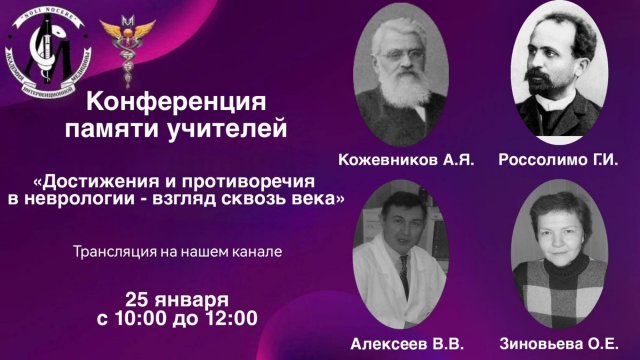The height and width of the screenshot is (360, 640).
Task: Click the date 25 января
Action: (x=177, y=299)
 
